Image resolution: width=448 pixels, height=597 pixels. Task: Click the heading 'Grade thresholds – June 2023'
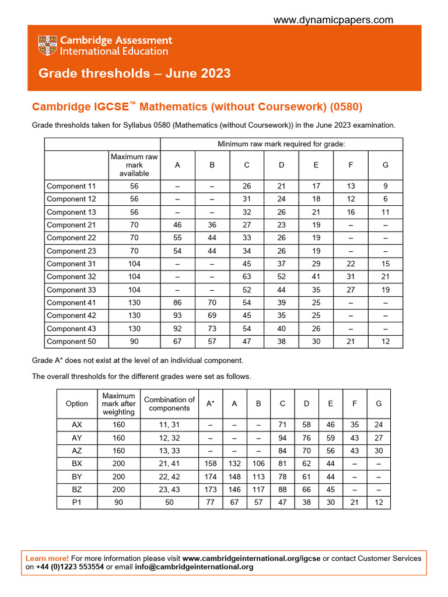pos(134,73)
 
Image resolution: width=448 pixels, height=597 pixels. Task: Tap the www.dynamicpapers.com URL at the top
pos(333,20)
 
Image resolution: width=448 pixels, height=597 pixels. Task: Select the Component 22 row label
pos(71,238)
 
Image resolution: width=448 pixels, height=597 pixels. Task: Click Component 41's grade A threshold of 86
pos(177,303)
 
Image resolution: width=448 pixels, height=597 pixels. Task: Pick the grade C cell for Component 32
pos(247,277)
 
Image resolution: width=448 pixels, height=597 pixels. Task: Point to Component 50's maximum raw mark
pos(134,342)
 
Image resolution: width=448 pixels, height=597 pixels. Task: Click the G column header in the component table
pos(385,165)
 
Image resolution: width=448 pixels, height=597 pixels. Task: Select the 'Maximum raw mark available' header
pos(134,165)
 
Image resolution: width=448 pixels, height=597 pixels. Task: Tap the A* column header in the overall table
pos(210,403)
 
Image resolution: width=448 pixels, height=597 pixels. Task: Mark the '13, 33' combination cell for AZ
pos(169,451)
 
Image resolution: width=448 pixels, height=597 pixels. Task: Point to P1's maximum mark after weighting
pos(118,502)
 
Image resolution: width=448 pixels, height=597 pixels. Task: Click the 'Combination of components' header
pos(169,403)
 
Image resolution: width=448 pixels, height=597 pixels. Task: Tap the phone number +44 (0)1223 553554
pos(70,567)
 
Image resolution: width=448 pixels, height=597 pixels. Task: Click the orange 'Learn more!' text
pos(47,558)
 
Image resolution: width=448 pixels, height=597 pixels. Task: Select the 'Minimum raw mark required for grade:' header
pos(281,144)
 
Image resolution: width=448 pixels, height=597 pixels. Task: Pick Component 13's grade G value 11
pos(385,212)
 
